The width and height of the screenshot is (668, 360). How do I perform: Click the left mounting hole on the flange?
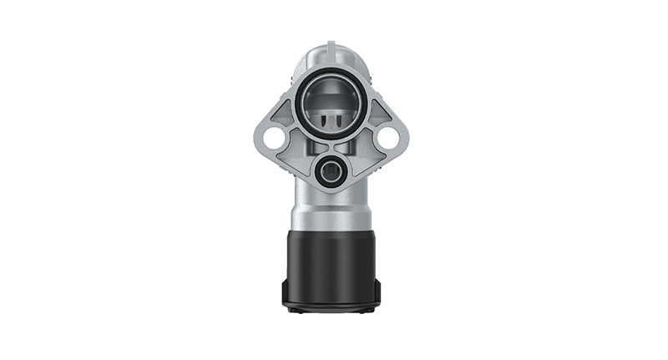272,137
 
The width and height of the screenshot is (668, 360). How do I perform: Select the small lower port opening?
331,172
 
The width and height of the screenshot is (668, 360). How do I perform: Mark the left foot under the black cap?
294,310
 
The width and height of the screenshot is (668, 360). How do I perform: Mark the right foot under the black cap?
367,310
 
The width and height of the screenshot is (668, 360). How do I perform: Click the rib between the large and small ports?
331,145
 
